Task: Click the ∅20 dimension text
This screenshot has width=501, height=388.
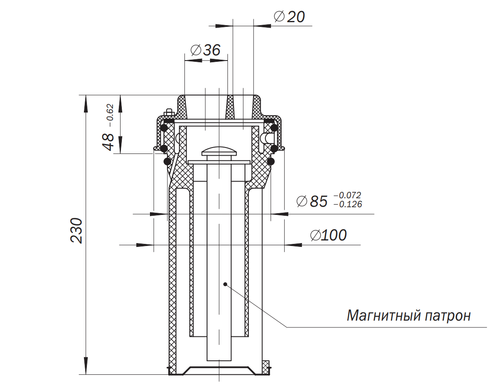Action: click(x=289, y=17)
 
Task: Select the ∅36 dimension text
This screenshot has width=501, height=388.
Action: click(x=205, y=50)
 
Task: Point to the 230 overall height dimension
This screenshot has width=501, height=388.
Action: click(x=76, y=230)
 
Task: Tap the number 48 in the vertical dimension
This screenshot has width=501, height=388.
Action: click(x=108, y=142)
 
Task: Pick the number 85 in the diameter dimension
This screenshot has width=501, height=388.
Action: click(x=319, y=201)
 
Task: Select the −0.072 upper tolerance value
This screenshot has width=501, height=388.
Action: click(x=347, y=195)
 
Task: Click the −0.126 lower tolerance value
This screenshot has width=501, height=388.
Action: click(x=348, y=204)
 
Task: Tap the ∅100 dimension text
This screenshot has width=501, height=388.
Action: click(x=328, y=235)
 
